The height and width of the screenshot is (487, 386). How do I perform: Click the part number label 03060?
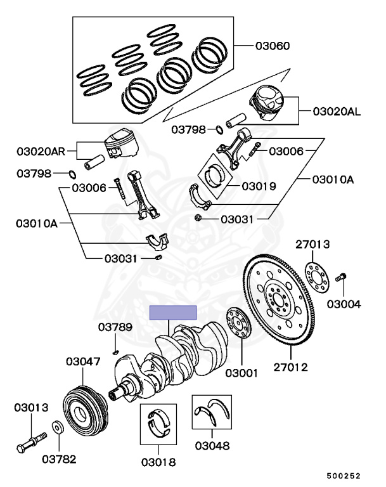pyautogui.click(x=273, y=46)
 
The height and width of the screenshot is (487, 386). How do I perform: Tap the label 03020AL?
pyautogui.click(x=337, y=112)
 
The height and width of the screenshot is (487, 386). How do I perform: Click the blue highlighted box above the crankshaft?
pyautogui.click(x=173, y=313)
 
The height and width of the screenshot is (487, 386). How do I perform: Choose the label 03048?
pyautogui.click(x=212, y=445)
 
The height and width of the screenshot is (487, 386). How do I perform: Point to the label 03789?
pyautogui.click(x=115, y=327)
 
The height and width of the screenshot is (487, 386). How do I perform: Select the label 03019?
pyautogui.click(x=259, y=186)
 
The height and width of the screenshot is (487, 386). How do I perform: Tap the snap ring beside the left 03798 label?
pyautogui.click(x=72, y=174)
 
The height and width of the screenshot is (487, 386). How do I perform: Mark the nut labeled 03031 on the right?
pyautogui.click(x=198, y=219)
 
